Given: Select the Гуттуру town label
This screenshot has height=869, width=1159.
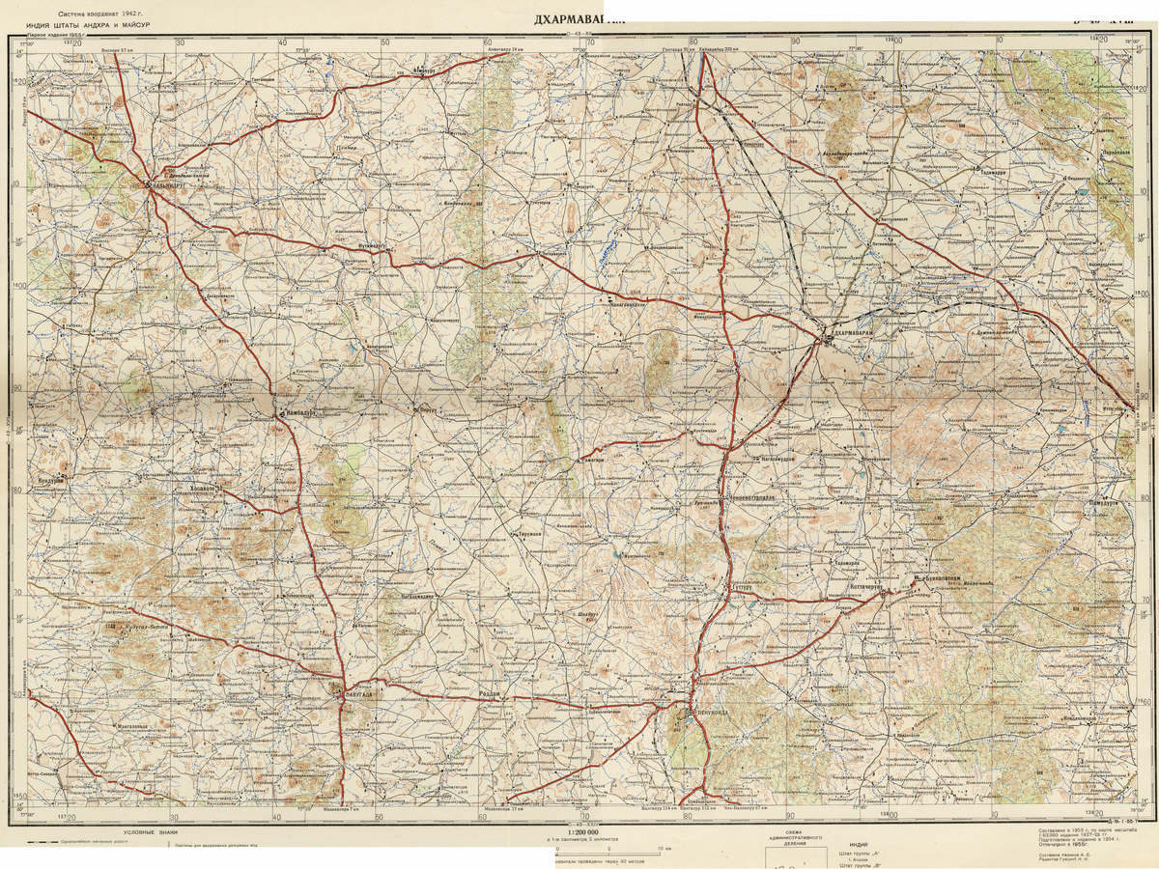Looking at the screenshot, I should point(742,585).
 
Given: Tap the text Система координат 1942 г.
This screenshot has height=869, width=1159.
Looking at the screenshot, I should point(98,14).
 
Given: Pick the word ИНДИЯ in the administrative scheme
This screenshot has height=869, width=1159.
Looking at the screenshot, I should point(859,843).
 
